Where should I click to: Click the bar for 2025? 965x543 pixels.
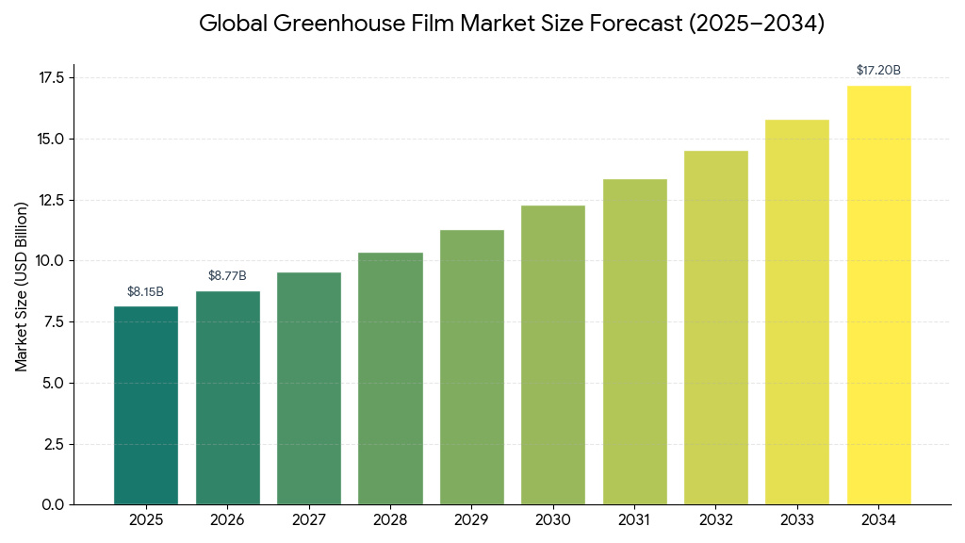146,405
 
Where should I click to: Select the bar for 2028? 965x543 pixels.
390,378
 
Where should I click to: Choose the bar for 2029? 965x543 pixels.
471,367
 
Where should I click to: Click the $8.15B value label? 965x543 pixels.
146,291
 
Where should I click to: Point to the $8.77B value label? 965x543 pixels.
227,276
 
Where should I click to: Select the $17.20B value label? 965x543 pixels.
878,71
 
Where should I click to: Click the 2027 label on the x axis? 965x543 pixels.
308,520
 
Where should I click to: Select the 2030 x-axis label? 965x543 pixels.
552,520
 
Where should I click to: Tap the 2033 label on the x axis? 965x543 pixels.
796,520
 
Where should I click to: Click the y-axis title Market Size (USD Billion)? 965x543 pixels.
22,287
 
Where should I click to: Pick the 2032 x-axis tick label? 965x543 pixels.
715,520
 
